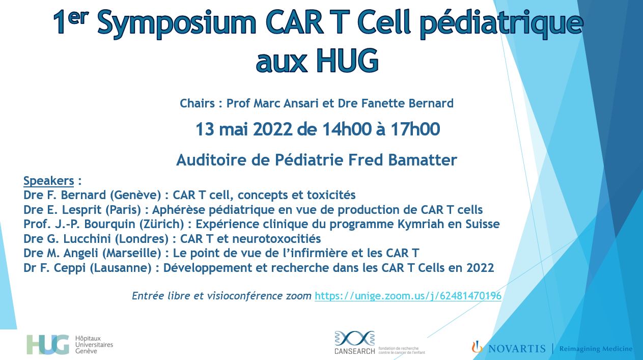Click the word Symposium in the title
click(x=177, y=23)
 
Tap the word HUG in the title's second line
click(x=347, y=61)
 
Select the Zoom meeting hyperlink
click(x=408, y=296)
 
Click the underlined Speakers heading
click(x=49, y=181)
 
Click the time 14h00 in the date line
click(x=347, y=129)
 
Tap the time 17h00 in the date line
click(x=415, y=129)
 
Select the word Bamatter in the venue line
click(x=423, y=160)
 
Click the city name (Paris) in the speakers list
click(x=123, y=210)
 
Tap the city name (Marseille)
click(x=131, y=253)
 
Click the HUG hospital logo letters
click(x=48, y=344)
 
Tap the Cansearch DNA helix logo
click(x=354, y=338)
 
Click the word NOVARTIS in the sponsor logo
click(x=517, y=349)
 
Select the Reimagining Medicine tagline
click(x=596, y=349)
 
